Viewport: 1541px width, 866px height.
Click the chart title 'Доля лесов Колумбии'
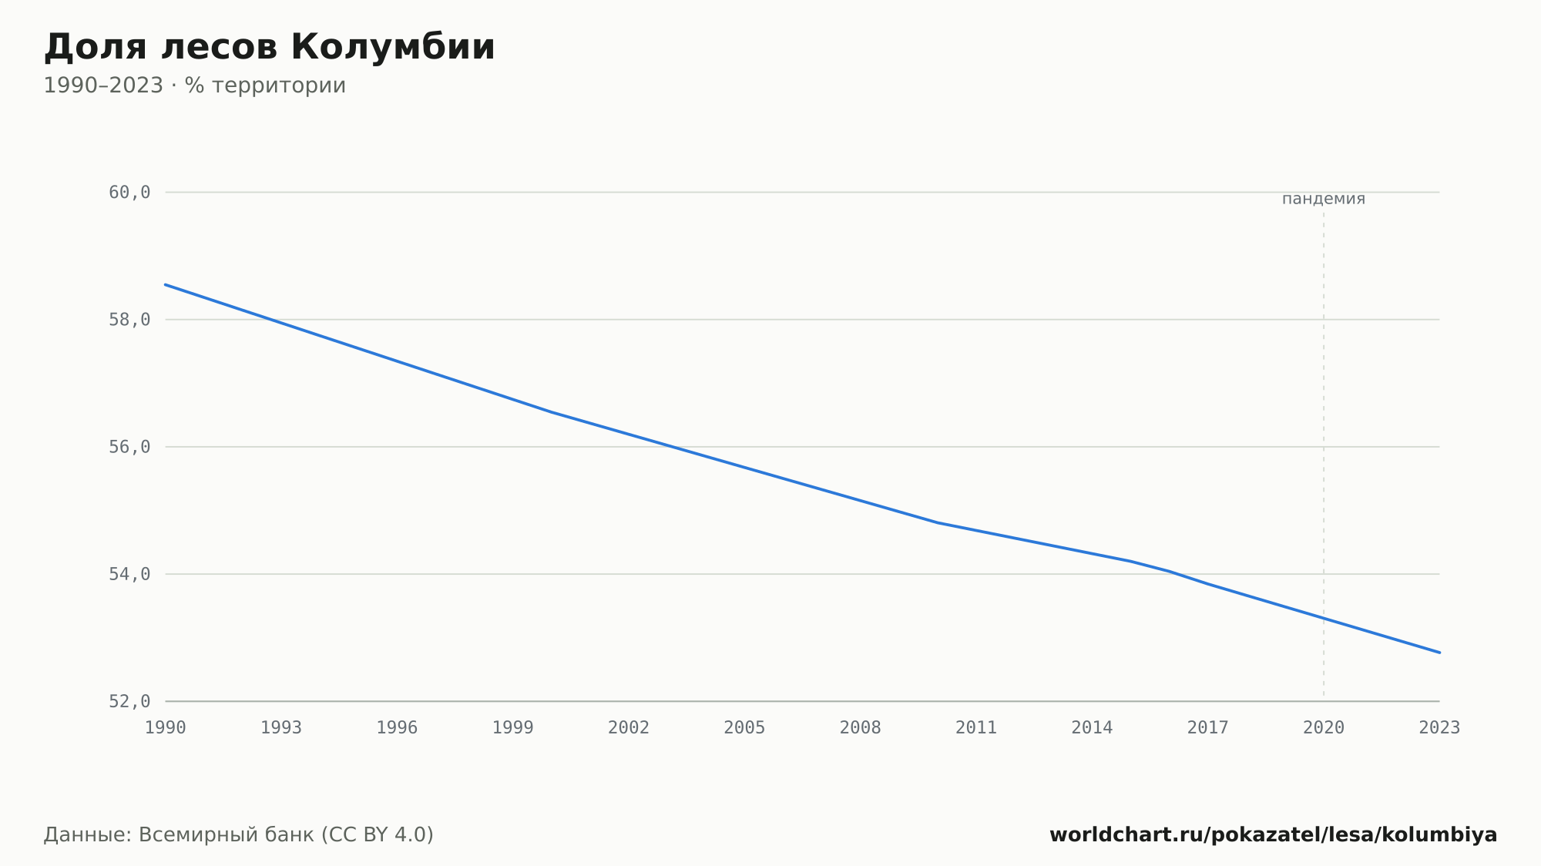tap(269, 48)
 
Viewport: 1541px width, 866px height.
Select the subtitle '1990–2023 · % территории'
tap(194, 86)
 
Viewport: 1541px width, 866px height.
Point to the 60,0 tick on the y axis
tap(129, 193)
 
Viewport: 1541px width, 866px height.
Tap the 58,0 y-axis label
tap(129, 320)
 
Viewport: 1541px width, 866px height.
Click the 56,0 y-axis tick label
tap(129, 447)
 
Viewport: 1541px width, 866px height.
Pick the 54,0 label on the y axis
tap(129, 574)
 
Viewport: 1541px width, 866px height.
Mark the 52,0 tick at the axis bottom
tap(129, 701)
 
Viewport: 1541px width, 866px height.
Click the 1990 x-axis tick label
tap(166, 728)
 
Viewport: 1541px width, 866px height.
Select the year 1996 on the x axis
tap(397, 728)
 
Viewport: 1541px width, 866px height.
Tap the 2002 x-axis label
tap(629, 728)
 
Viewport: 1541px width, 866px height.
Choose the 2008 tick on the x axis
tap(861, 728)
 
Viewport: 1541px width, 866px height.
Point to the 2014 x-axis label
tap(1092, 728)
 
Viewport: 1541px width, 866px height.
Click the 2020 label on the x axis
tap(1324, 728)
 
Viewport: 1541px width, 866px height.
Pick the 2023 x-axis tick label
tap(1439, 728)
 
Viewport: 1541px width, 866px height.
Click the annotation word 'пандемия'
tap(1324, 199)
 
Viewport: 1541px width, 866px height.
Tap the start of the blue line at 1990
tap(166, 284)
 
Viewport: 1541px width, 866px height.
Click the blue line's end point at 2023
tap(1439, 653)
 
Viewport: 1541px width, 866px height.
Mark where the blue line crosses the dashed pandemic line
tap(1324, 618)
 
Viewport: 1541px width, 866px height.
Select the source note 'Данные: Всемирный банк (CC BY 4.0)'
tap(239, 834)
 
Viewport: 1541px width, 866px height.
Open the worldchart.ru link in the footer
tap(1274, 834)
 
